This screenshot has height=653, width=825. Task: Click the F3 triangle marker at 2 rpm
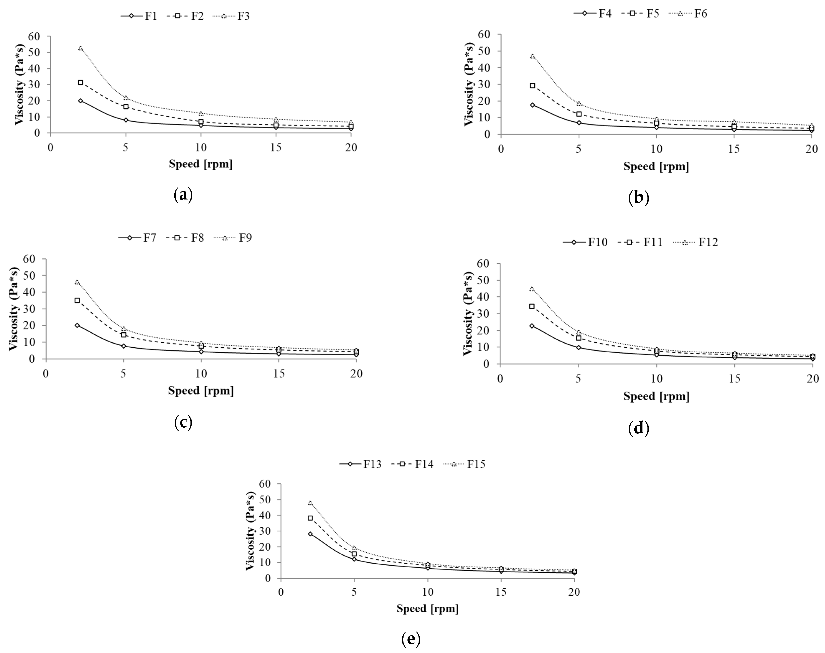[x=80, y=48]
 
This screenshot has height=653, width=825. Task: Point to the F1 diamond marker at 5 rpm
[x=126, y=120]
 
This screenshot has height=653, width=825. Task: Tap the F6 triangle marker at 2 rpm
[x=533, y=56]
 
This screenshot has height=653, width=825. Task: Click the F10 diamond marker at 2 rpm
[x=532, y=326]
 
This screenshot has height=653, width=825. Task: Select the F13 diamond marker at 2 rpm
[x=310, y=534]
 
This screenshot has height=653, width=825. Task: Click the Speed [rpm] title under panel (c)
[x=201, y=390]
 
